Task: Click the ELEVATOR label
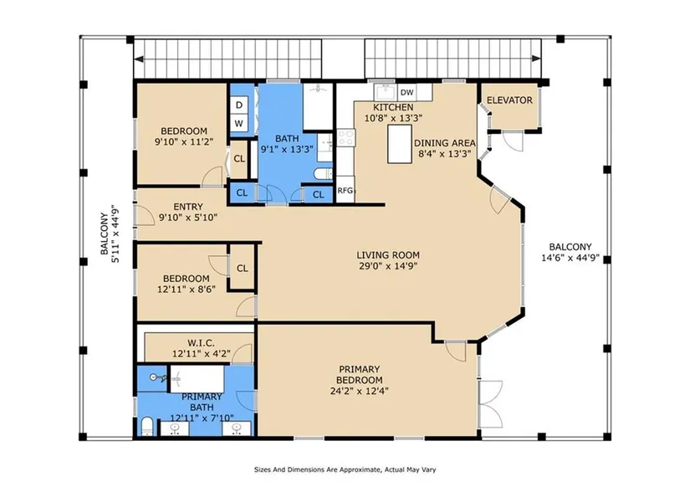(x=509, y=100)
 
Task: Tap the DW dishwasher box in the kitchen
(x=407, y=93)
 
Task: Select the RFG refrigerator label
(x=345, y=191)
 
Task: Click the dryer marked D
(x=239, y=105)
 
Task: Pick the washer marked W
(x=239, y=123)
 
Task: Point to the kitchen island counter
(x=400, y=144)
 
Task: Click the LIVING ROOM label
(x=388, y=255)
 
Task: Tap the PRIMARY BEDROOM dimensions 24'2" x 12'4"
(x=359, y=391)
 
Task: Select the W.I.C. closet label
(x=201, y=342)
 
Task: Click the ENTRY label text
(x=188, y=207)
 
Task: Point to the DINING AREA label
(x=444, y=143)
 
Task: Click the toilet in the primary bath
(x=147, y=426)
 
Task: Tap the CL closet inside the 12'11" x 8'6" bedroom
(x=242, y=268)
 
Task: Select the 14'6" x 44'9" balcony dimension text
(x=570, y=258)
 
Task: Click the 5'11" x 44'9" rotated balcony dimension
(x=116, y=233)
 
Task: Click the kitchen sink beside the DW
(x=386, y=92)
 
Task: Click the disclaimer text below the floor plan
(x=345, y=469)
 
